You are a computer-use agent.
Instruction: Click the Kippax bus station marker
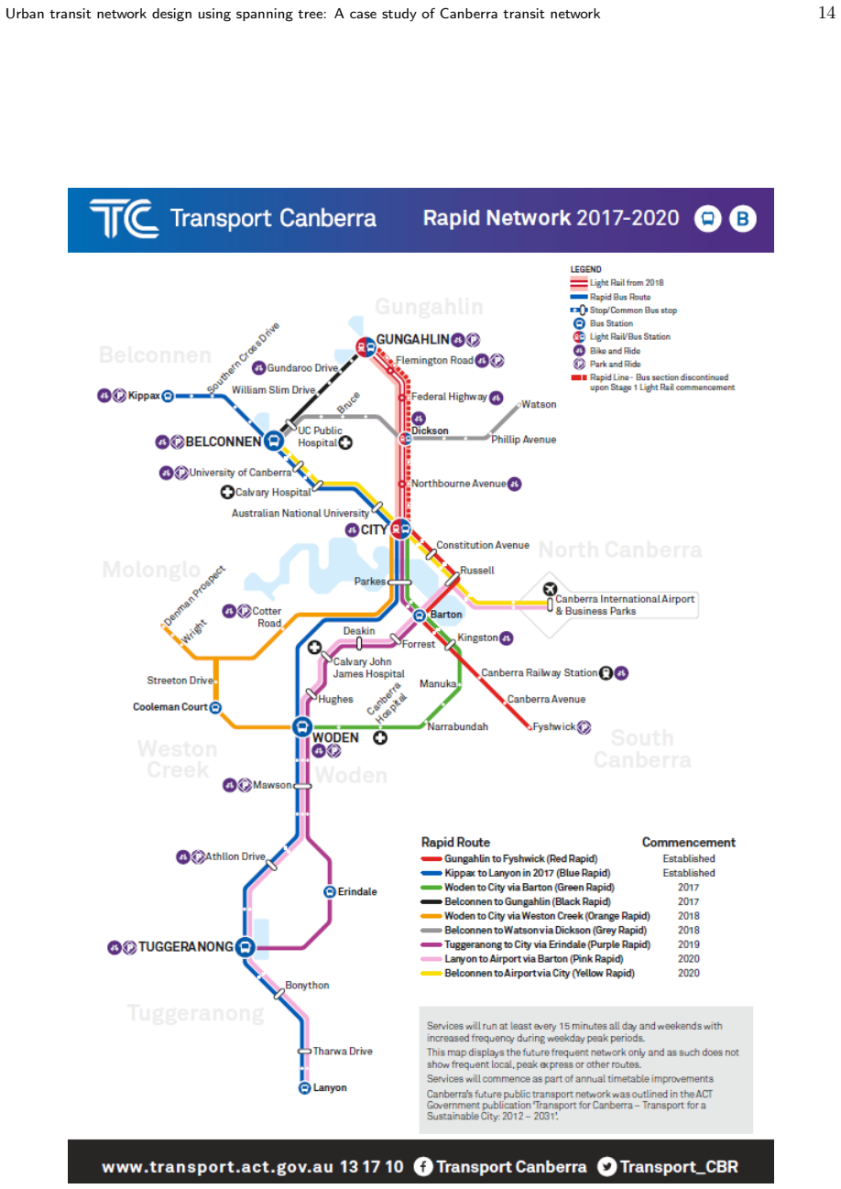168,396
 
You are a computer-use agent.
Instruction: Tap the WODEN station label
335,737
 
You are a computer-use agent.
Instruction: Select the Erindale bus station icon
330,892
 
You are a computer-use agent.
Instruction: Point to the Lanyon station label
330,1087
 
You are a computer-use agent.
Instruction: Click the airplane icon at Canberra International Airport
550,589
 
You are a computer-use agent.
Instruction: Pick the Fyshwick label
553,726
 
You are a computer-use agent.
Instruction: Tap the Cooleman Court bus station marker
215,707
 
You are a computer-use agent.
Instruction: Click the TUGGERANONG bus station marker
245,947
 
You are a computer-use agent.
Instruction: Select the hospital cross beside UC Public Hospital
345,442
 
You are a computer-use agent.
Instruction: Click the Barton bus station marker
420,616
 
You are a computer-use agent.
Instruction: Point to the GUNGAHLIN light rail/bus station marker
366,348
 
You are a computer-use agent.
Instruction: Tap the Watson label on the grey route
539,405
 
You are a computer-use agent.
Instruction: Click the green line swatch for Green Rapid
431,888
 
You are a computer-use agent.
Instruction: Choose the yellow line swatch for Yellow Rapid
431,974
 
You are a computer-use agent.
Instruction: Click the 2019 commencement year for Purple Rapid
688,944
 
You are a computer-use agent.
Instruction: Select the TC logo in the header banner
125,219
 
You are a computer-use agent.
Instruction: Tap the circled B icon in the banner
742,219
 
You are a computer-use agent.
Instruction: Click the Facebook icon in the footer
422,1167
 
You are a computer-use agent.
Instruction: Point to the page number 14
826,13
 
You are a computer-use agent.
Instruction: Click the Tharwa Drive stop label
343,1052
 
